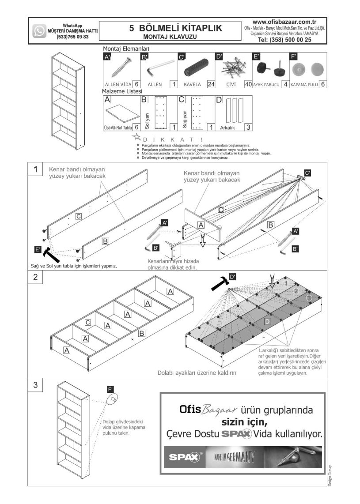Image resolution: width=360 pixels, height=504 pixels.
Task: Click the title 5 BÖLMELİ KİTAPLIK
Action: coord(175,28)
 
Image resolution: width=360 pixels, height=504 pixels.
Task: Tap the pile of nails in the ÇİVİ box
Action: coord(232,68)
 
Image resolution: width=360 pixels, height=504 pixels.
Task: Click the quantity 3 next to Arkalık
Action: coord(248,127)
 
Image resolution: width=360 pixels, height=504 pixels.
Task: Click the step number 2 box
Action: coord(35,277)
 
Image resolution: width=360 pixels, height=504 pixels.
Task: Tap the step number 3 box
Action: coord(35,384)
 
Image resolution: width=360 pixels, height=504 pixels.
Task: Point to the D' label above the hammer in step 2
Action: coord(233,277)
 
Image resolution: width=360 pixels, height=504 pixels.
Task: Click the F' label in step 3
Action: coord(110,389)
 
